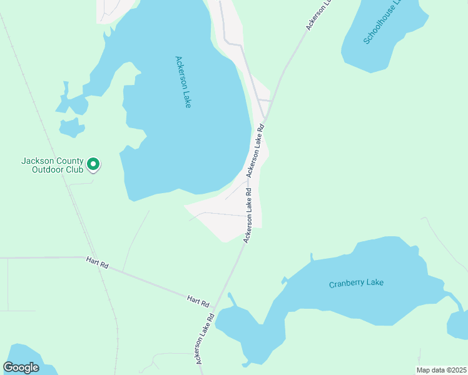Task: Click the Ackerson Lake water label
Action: tap(183, 82)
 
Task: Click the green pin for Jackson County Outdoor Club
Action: tap(93, 164)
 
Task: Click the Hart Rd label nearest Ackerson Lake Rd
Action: tap(197, 301)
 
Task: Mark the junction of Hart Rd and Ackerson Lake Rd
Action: tap(215, 307)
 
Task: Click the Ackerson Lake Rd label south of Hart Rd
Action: tap(205, 338)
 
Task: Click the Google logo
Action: tap(21, 367)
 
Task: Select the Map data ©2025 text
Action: tap(440, 370)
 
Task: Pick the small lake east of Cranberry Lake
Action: tap(459, 325)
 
